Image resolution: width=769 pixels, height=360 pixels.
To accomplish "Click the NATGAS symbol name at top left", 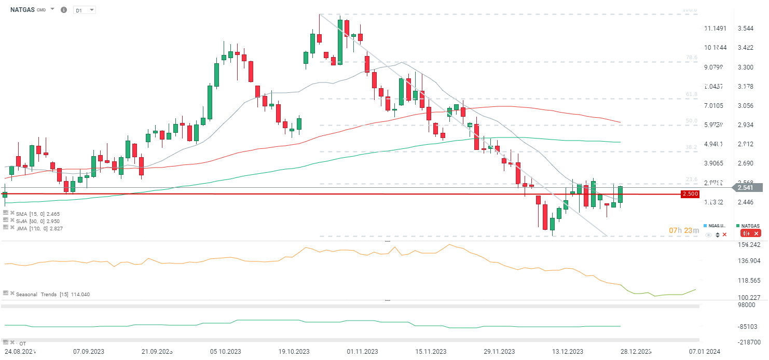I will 22,9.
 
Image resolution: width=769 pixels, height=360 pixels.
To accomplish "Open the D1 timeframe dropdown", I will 85,10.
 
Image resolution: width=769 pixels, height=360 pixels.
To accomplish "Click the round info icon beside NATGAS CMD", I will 64,10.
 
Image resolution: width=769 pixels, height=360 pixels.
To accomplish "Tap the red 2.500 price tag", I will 690,194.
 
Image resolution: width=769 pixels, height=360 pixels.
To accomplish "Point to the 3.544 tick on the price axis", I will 746,28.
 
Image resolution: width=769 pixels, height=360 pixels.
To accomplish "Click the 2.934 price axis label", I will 746,124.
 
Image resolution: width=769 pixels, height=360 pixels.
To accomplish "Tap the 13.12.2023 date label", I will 568,351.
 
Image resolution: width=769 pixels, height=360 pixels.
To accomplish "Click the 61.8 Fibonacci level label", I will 691,94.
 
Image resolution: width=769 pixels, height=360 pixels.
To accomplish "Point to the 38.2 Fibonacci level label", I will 691,147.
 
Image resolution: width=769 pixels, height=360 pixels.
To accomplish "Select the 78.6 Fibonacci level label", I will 691,58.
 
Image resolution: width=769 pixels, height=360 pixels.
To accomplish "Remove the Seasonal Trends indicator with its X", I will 12,293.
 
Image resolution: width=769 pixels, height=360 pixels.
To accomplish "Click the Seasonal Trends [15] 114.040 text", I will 53,295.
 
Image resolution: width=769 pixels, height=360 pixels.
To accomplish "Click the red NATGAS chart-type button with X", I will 750,234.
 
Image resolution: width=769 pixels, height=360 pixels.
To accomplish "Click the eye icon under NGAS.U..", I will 709,235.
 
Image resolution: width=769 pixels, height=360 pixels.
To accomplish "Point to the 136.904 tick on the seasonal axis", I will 749,260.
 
